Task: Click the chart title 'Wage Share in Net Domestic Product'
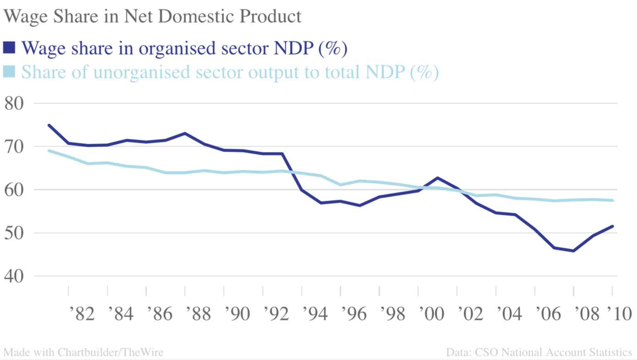pyautogui.click(x=153, y=16)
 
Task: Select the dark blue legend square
pyautogui.click(x=9, y=47)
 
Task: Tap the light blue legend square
pyautogui.click(x=9, y=72)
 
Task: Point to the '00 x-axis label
pyautogui.click(x=431, y=314)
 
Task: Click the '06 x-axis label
pyautogui.click(x=548, y=314)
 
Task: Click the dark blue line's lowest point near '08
pyautogui.click(x=573, y=251)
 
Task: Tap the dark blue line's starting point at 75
pyautogui.click(x=49, y=125)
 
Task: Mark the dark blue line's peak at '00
pyautogui.click(x=438, y=178)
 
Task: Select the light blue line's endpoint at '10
pyautogui.click(x=612, y=200)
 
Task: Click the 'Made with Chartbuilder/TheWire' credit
pyautogui.click(x=83, y=352)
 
